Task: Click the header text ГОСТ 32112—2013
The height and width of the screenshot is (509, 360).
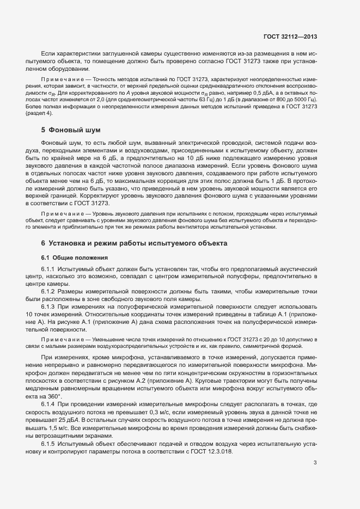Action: pyautogui.click(x=291, y=36)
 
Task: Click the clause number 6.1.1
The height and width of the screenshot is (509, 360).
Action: pyautogui.click(x=49, y=269)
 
